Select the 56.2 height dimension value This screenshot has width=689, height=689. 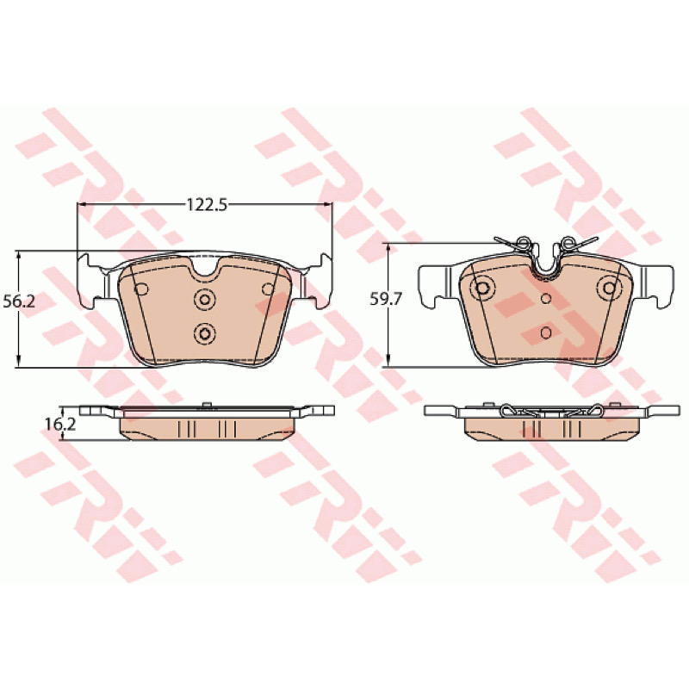coord(19,302)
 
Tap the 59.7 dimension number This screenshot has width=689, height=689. coord(386,299)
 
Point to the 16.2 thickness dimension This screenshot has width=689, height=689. coord(60,424)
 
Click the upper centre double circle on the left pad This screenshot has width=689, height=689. coord(205,300)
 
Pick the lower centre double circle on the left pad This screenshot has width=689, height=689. coord(205,334)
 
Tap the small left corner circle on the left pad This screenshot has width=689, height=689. coord(142,289)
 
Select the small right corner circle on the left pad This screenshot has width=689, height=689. coord(268,289)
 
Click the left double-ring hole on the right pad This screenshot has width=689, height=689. coord(482,289)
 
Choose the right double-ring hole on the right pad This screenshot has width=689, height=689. coord(609,289)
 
